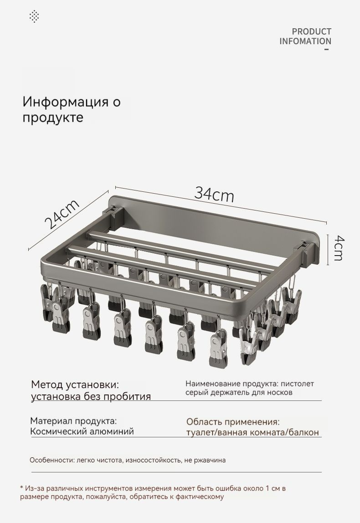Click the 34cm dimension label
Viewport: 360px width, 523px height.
(214, 194)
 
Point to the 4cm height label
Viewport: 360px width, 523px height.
(338, 248)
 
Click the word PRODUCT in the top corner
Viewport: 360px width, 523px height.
(312, 32)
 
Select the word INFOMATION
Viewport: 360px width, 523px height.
(305, 41)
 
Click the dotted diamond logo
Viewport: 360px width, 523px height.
(34, 16)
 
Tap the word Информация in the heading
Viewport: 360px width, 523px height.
(66, 102)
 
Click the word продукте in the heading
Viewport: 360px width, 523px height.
(53, 118)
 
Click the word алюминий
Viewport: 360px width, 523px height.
(112, 431)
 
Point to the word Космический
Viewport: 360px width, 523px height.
(59, 431)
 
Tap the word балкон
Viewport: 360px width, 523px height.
(304, 433)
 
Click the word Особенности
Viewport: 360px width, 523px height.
(51, 460)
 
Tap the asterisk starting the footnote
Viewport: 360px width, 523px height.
(22, 488)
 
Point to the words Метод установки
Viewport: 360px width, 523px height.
(75, 385)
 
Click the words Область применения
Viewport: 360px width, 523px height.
(233, 422)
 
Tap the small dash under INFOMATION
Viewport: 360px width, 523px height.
(327, 49)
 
